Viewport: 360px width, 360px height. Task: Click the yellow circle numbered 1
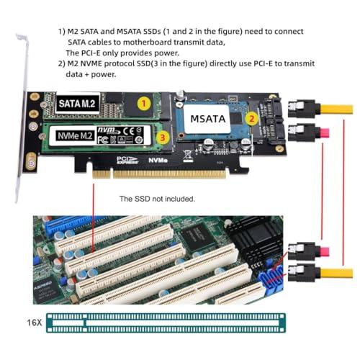pyautogui.click(x=144, y=104)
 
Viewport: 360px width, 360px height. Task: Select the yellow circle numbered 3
pyautogui.click(x=163, y=135)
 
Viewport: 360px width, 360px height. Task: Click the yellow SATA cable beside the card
pyautogui.click(x=336, y=110)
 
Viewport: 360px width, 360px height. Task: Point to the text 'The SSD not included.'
pyautogui.click(x=156, y=199)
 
